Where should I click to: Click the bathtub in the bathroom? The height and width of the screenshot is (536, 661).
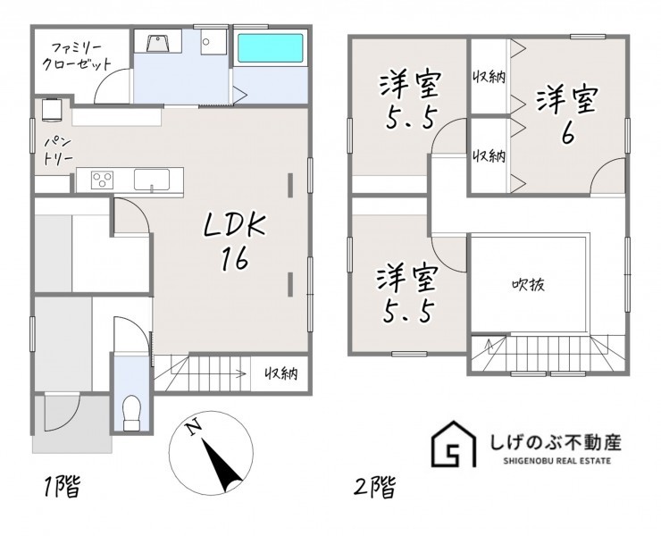[x=271, y=48]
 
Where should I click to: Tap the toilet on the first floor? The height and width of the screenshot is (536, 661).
[x=131, y=413]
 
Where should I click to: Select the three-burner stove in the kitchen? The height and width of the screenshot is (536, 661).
[x=102, y=180]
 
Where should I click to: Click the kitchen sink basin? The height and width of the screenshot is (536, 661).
[x=152, y=180]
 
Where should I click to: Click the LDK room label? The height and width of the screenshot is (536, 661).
[x=234, y=226]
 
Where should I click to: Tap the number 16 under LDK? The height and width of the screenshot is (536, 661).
[x=234, y=258]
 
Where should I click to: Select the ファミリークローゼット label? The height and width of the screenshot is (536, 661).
[x=81, y=54]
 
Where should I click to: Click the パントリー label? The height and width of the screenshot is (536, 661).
[x=59, y=151]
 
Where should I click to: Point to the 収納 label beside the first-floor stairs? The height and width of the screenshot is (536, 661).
[x=281, y=373]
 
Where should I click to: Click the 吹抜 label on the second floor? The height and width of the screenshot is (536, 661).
[x=528, y=285]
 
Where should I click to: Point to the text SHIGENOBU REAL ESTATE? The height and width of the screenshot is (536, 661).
[x=556, y=461]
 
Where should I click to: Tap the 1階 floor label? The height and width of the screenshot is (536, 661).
[x=62, y=486]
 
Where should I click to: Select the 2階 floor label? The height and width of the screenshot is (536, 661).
[x=374, y=488]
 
